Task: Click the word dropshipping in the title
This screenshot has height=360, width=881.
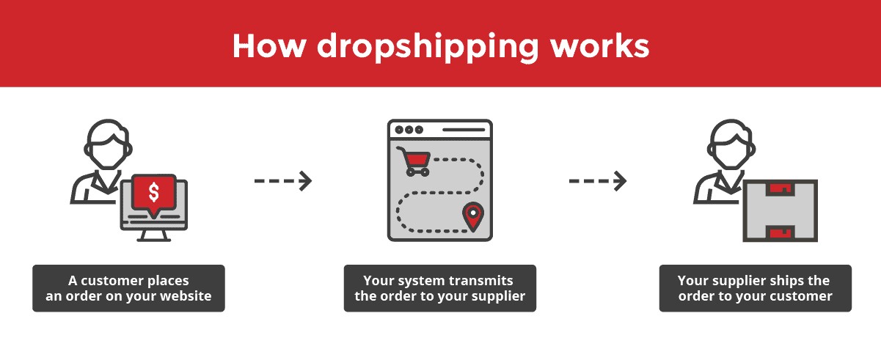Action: [x=428, y=48]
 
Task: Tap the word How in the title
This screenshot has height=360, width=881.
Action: [x=269, y=46]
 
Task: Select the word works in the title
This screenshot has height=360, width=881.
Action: [x=600, y=46]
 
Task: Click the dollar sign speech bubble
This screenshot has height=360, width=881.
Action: [x=154, y=195]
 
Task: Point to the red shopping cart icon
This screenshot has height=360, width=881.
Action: [x=414, y=161]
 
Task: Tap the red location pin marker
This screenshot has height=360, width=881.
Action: [x=473, y=216]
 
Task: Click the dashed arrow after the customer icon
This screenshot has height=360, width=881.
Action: [x=283, y=181]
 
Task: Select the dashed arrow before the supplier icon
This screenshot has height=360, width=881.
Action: [x=598, y=181]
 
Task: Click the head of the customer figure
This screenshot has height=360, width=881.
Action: [x=108, y=144]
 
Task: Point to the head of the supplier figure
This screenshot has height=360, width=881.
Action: [x=731, y=144]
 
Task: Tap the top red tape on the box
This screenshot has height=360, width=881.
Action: [x=781, y=189]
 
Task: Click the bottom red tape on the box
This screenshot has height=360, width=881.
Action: [x=781, y=232]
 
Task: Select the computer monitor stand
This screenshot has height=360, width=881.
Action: [x=154, y=236]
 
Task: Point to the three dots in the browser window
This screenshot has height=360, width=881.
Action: [x=409, y=130]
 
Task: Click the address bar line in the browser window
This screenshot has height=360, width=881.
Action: [x=464, y=130]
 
